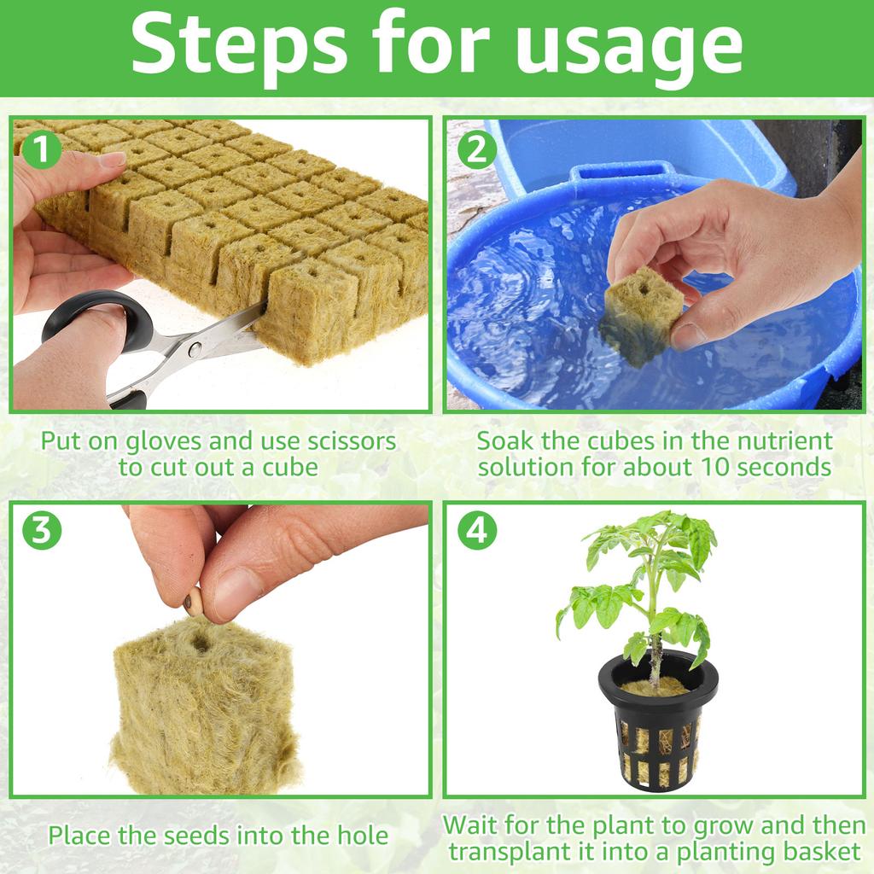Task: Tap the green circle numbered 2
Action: tap(477, 151)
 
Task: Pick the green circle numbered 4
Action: tap(477, 531)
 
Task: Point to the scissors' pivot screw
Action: tap(195, 348)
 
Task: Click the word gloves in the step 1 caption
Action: tap(168, 442)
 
